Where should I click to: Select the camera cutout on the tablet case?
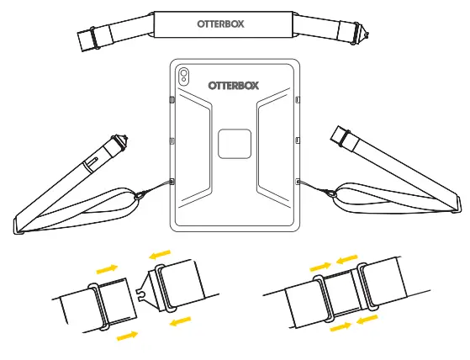pyautogui.click(x=184, y=77)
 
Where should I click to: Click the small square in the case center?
pyautogui.click(x=235, y=144)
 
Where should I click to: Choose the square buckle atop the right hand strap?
pyautogui.click(x=341, y=135)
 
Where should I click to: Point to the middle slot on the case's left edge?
pyautogui.click(x=172, y=140)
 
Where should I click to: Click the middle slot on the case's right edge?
pyautogui.click(x=298, y=140)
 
